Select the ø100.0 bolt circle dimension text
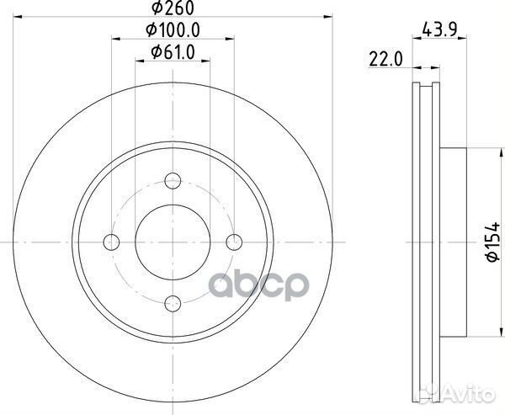(173, 33)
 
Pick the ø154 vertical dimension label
(493, 242)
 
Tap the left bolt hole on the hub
(111, 242)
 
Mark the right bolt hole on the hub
(236, 242)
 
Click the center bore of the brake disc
(173, 242)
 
